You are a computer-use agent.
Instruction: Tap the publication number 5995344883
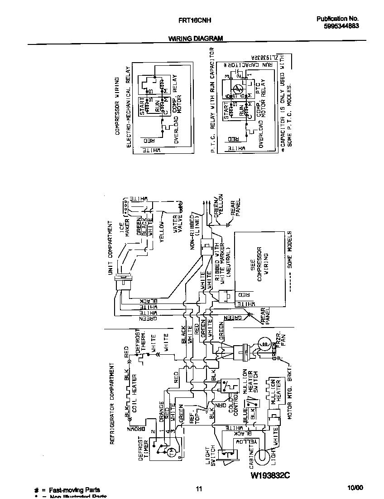(x=338, y=26)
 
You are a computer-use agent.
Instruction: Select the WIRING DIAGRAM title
(x=196, y=39)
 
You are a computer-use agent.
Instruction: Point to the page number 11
(x=198, y=489)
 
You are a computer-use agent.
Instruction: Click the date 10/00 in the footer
(x=355, y=488)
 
